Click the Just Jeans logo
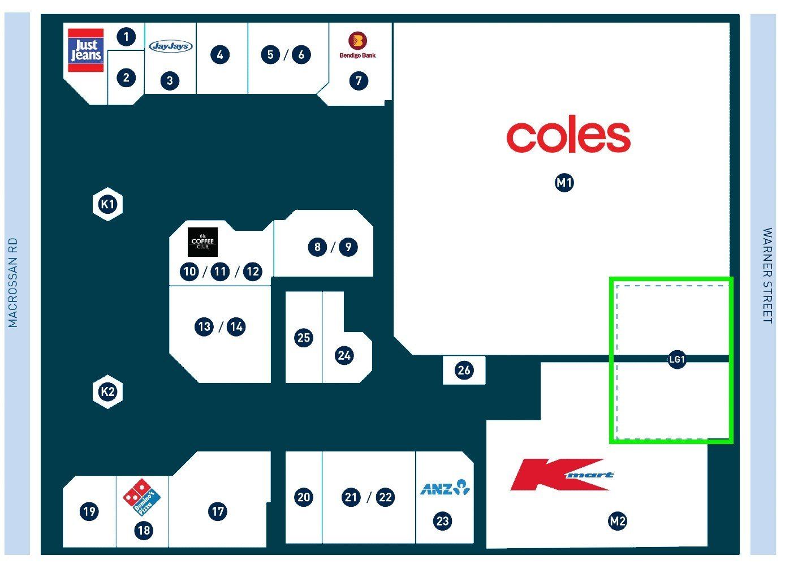point(86,50)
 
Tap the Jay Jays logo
point(171,46)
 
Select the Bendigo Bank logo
point(358,45)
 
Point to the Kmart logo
point(562,475)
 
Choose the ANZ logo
point(445,488)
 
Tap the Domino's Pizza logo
point(141,497)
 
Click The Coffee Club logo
point(202,242)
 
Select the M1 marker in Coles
point(564,183)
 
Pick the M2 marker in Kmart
point(618,521)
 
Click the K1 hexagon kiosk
point(107,204)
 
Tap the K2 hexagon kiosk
point(107,391)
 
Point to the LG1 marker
point(677,359)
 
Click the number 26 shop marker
point(464,370)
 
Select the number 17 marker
point(218,511)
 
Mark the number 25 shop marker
point(304,338)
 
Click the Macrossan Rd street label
point(13,282)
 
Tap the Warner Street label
point(767,275)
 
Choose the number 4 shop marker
point(220,55)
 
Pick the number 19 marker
point(89,511)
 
